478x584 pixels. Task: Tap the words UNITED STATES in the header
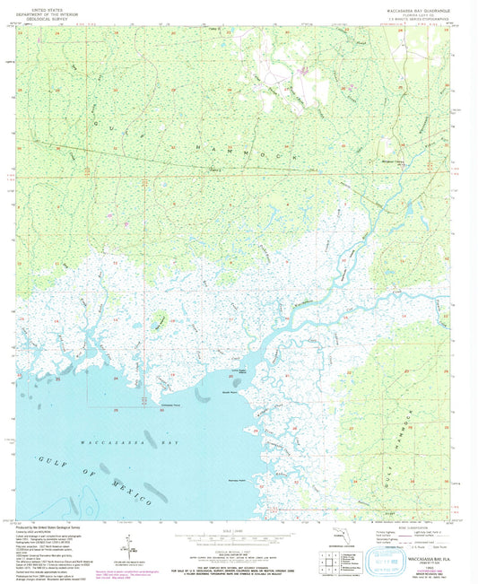pos(46,4)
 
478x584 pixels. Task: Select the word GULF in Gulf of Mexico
pos(48,461)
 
